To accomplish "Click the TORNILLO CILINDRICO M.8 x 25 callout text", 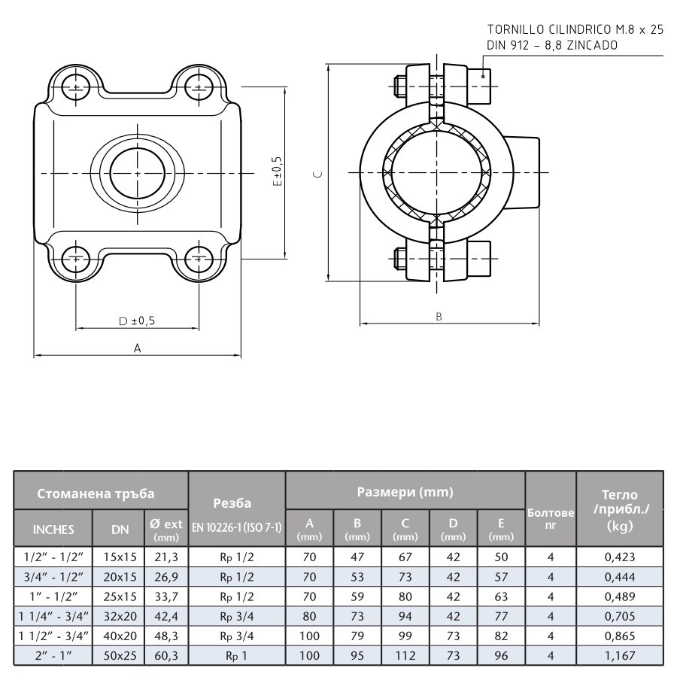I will tap(575, 30).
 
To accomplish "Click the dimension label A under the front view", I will tap(137, 348).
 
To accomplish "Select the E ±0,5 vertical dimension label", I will tap(278, 172).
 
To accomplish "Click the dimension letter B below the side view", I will tap(439, 317).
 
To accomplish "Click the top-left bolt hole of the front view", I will tap(75, 83).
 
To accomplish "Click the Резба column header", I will tap(236, 502).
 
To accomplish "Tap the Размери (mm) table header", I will tap(405, 493).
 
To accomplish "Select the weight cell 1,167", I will tap(620, 655).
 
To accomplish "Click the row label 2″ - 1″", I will tap(52, 655).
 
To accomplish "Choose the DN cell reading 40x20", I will tap(120, 636).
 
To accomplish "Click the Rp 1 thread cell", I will tap(236, 655).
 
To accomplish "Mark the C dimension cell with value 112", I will tap(405, 655).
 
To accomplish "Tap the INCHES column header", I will tap(53, 529).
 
